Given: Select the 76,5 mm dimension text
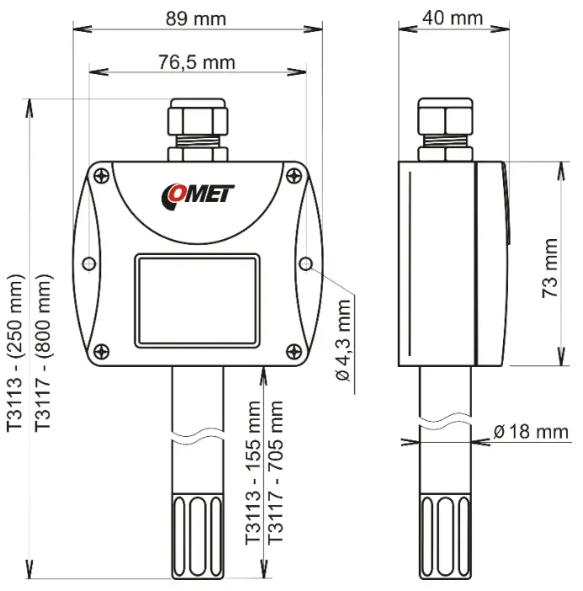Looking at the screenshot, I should pyautogui.click(x=197, y=61).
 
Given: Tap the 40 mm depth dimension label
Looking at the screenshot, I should pyautogui.click(x=454, y=18).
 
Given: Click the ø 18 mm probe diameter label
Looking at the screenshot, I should pyautogui.click(x=531, y=432).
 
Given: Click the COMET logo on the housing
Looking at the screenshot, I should pyautogui.click(x=199, y=195).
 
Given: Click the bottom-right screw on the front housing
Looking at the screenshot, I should pyautogui.click(x=293, y=351).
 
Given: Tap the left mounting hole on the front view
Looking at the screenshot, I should pyautogui.click(x=90, y=265).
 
